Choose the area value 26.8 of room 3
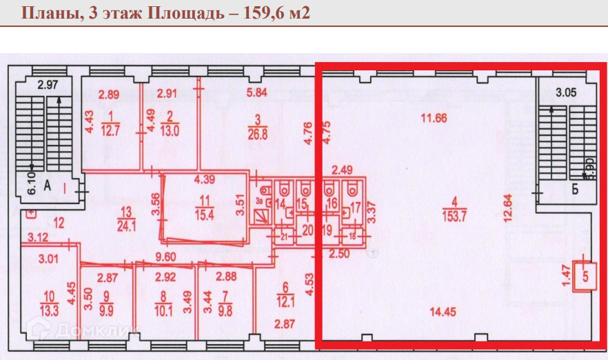pos(256,129)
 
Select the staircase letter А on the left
pos(49,185)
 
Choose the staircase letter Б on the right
pos(574,191)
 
